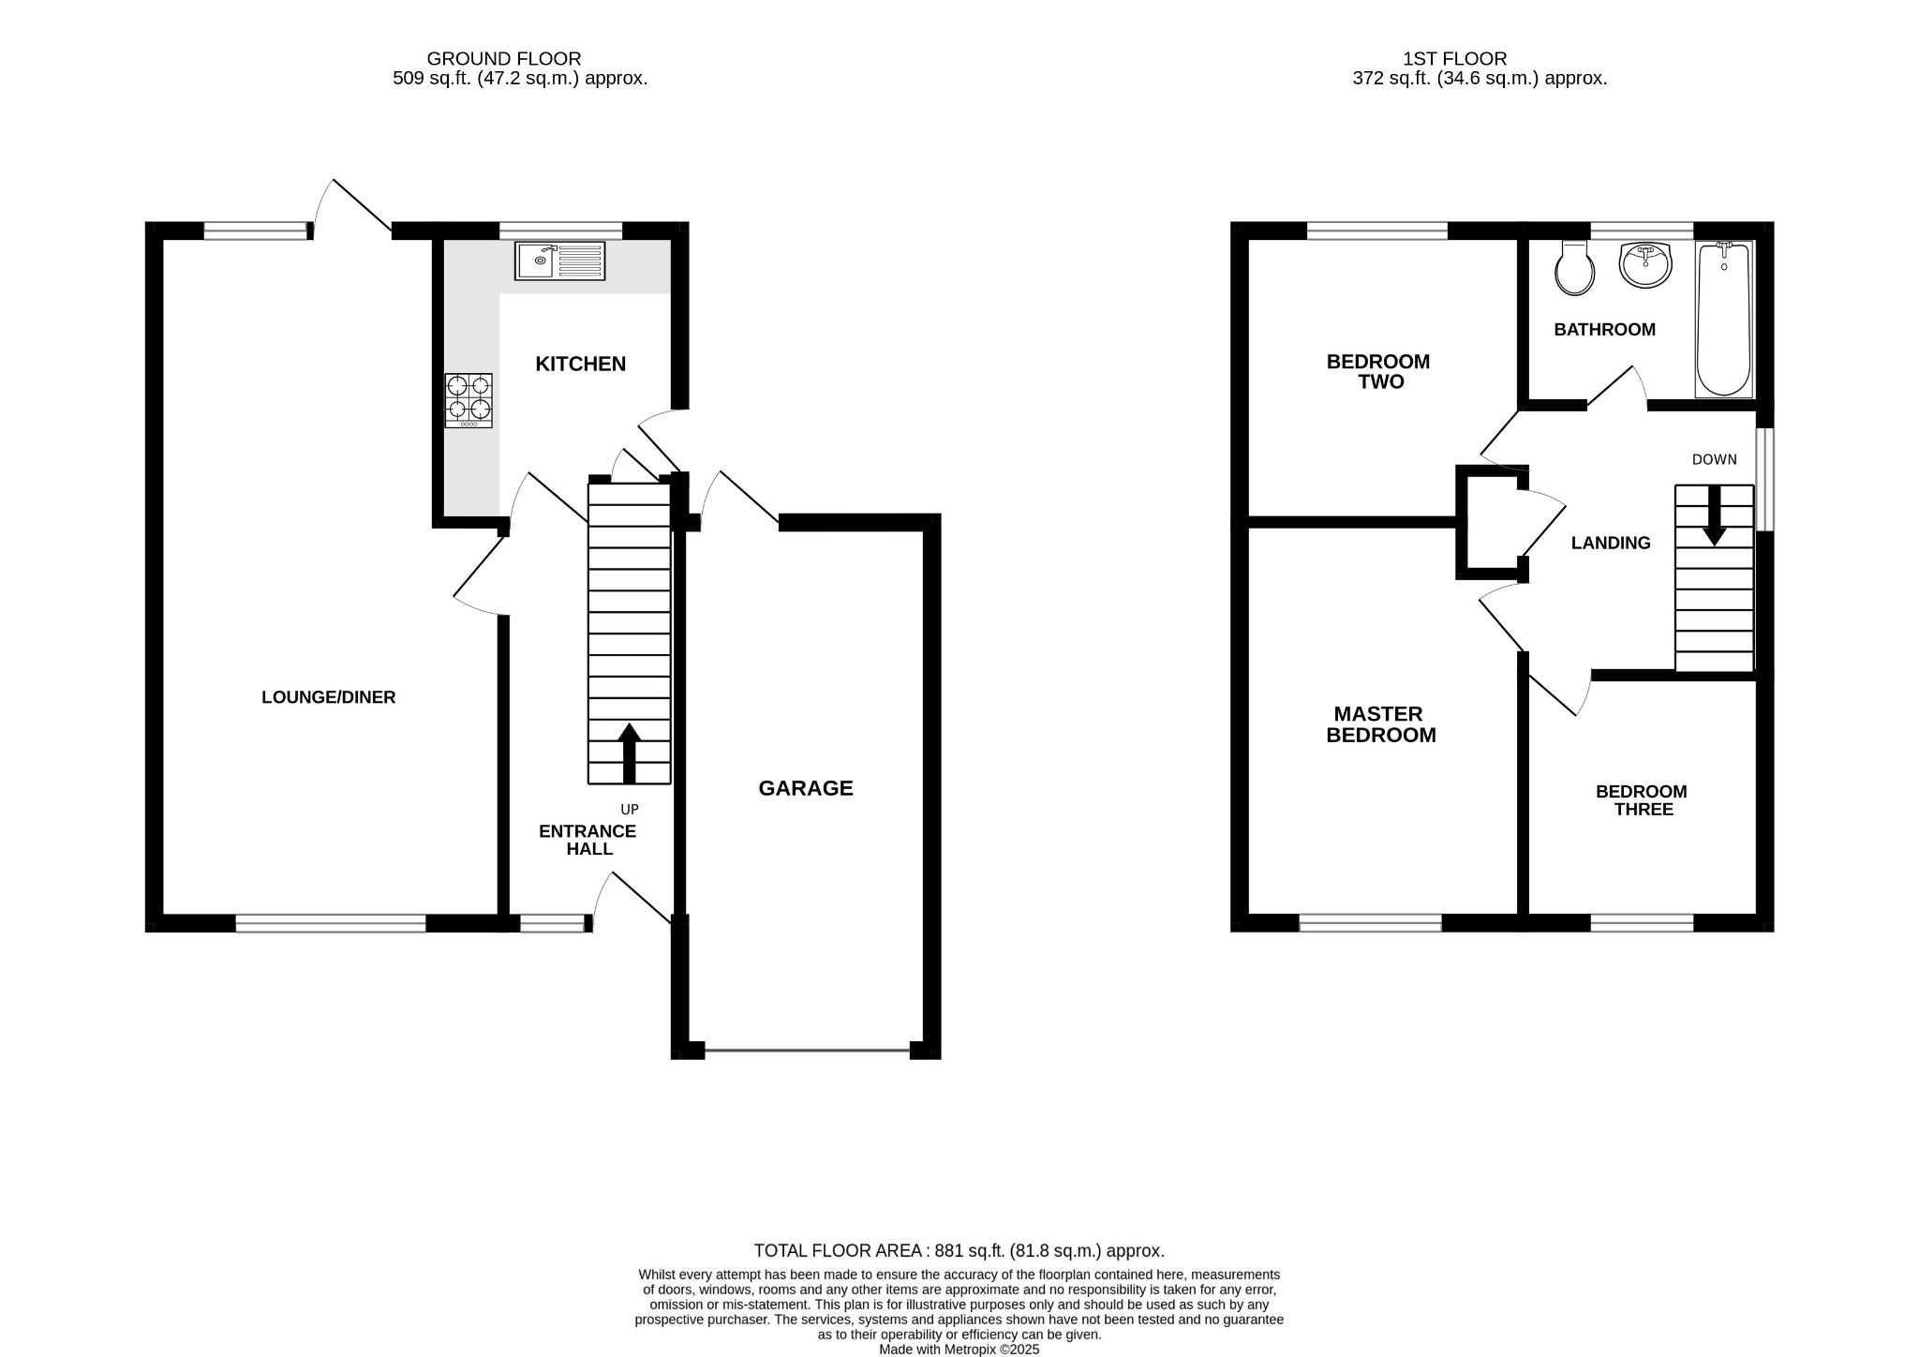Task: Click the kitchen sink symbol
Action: pos(560,261)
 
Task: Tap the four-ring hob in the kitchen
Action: pos(469,400)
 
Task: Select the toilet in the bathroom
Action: pos(1574,268)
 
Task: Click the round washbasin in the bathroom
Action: pos(1644,264)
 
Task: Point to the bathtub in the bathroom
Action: pos(1723,319)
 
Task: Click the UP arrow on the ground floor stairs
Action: pos(629,753)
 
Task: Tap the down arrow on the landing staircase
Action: pos(1714,515)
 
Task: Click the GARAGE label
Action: pos(806,788)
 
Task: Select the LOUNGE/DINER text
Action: pos(328,697)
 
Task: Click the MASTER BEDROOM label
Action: pos(1380,724)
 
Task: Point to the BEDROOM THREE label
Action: pos(1642,799)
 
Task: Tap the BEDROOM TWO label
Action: pos(1378,371)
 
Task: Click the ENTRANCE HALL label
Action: pos(588,840)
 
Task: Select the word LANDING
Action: pos(1611,543)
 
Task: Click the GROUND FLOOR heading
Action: pos(504,59)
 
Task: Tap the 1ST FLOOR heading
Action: pos(1454,59)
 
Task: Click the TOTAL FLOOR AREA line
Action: pos(959,1250)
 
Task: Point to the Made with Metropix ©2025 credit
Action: pos(959,1350)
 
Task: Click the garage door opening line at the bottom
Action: pos(806,1051)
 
